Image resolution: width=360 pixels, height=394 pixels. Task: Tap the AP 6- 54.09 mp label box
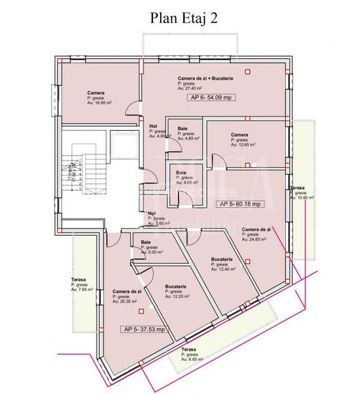pyautogui.click(x=211, y=99)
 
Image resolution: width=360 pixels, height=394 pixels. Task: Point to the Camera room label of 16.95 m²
pyautogui.click(x=96, y=92)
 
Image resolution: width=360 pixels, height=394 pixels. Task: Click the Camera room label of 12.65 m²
pyautogui.click(x=240, y=135)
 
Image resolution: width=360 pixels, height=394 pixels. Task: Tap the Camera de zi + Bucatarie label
pyautogui.click(x=206, y=78)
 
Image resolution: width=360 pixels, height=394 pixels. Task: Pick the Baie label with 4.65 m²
pyautogui.click(x=181, y=173)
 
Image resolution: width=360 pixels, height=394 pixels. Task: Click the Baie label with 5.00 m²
pyautogui.click(x=146, y=242)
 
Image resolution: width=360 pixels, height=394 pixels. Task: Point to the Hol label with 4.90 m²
pyautogui.click(x=154, y=126)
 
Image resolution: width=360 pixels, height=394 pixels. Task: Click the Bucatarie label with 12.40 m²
pyautogui.click(x=222, y=259)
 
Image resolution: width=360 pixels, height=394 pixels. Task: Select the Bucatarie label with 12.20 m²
pyautogui.click(x=175, y=287)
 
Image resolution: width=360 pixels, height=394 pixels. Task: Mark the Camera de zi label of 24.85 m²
pyautogui.click(x=256, y=230)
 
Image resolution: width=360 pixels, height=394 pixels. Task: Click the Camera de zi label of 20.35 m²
pyautogui.click(x=127, y=291)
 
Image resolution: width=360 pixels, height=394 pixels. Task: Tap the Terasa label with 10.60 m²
pyautogui.click(x=298, y=188)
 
